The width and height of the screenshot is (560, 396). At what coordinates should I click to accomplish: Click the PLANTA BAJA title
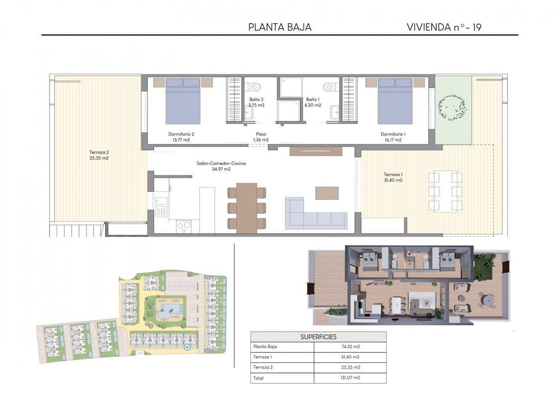(280, 27)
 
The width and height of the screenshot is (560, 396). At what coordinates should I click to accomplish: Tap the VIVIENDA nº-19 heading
(444, 27)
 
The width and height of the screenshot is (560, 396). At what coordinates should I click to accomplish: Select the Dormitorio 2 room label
(181, 137)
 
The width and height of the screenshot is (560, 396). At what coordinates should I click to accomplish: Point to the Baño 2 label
(256, 102)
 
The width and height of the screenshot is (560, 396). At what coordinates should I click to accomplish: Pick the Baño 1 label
(312, 102)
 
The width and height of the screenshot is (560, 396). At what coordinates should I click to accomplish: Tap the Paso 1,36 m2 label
(261, 137)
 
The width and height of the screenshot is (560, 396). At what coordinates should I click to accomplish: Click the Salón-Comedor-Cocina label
(221, 166)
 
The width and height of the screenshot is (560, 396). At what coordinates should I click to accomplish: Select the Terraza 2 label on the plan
(99, 155)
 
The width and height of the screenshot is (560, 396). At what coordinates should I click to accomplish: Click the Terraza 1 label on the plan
(393, 177)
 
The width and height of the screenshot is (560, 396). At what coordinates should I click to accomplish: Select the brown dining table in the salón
(246, 207)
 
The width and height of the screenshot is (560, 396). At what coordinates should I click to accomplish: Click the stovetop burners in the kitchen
(184, 226)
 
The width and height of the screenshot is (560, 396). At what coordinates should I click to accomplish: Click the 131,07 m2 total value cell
(350, 378)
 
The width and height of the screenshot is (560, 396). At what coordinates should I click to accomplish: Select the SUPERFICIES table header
(318, 337)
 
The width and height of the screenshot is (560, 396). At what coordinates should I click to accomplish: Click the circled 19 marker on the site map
(187, 348)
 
